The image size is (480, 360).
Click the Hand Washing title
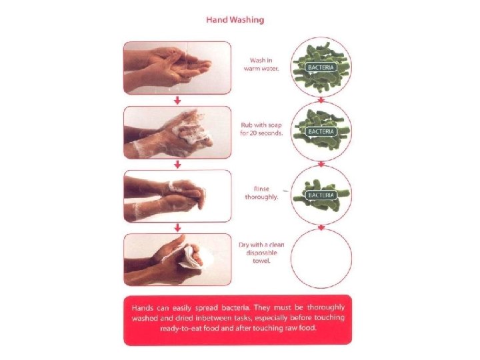tap(235, 20)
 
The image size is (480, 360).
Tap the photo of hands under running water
tap(177, 67)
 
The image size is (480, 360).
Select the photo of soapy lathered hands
tap(177, 132)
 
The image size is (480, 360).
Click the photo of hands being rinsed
tap(177, 196)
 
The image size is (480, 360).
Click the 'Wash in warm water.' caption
tap(261, 65)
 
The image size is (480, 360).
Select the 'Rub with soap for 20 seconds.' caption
tap(261, 129)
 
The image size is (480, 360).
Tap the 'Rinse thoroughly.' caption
tap(261, 193)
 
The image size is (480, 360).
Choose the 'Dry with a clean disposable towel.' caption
tap(261, 253)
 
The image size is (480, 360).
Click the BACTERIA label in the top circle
tap(321, 67)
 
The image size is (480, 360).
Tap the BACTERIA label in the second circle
tap(321, 131)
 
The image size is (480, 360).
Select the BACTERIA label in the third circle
tap(321, 195)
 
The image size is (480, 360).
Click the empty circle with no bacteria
tap(291, 259)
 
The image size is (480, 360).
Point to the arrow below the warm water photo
tap(177, 100)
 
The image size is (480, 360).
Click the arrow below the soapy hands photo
tap(177, 165)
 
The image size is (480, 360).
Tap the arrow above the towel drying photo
tap(177, 228)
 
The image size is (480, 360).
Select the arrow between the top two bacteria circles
tap(321, 101)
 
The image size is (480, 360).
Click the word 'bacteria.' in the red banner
tap(237, 307)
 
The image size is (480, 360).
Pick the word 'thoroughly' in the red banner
tap(326, 307)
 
